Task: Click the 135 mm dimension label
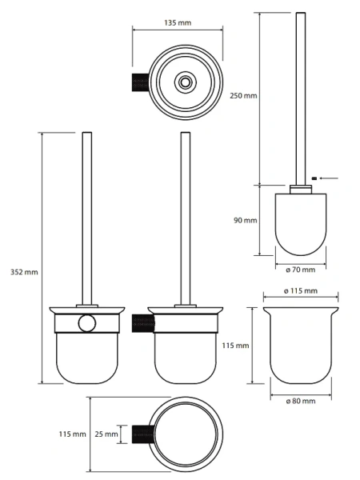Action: click(x=178, y=22)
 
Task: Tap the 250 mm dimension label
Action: click(x=243, y=95)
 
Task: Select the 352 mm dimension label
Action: click(x=24, y=272)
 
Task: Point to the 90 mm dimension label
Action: click(x=246, y=220)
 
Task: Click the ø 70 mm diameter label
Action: click(x=300, y=270)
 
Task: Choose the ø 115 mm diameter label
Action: click(x=301, y=291)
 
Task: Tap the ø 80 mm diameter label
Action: click(x=301, y=401)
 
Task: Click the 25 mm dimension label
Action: click(x=106, y=434)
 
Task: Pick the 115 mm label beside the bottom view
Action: click(x=73, y=434)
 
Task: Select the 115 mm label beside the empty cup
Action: click(x=235, y=346)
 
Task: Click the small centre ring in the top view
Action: click(x=184, y=82)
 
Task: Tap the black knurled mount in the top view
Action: click(x=140, y=82)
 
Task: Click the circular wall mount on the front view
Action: click(x=87, y=323)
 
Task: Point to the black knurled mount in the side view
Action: click(x=143, y=323)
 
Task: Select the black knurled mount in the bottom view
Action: click(x=143, y=434)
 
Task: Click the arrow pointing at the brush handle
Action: click(x=329, y=178)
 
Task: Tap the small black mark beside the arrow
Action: click(x=314, y=178)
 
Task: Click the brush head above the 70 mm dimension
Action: click(x=301, y=224)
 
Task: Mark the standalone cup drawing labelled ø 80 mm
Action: click(x=301, y=346)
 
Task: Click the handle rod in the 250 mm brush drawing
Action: click(x=301, y=98)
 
